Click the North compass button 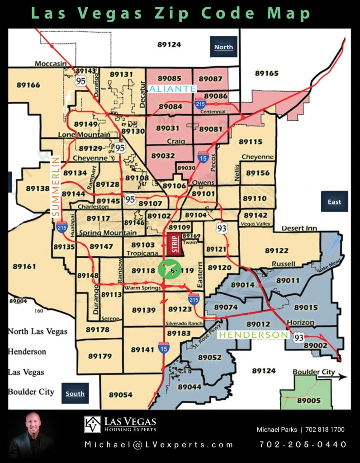click(x=224, y=47)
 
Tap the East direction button click(x=334, y=202)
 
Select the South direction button click(x=75, y=393)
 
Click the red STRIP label click(x=174, y=244)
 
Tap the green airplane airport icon click(x=169, y=270)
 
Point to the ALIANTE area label click(x=172, y=89)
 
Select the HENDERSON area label click(x=253, y=335)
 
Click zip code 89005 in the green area click(x=309, y=400)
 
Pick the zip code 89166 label click(x=28, y=85)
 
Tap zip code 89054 click(x=120, y=395)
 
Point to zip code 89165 click(x=266, y=73)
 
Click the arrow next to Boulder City click(x=342, y=377)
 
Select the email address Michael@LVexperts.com click(x=159, y=444)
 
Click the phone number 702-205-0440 click(x=303, y=444)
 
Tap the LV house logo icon click(x=92, y=424)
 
